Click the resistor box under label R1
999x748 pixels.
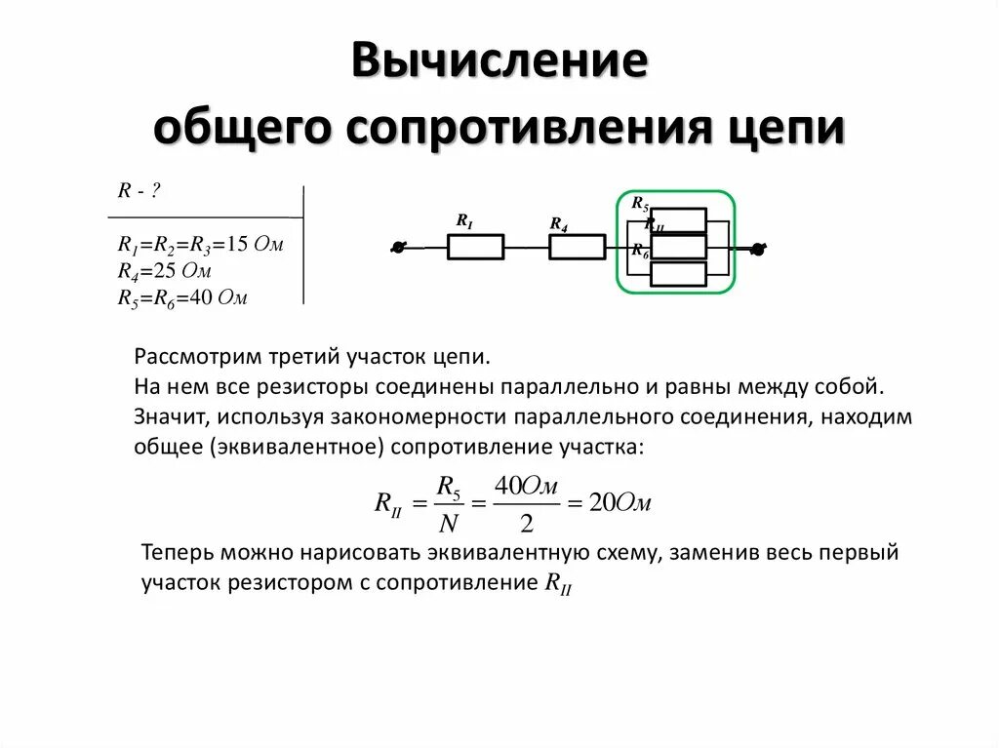[x=475, y=247]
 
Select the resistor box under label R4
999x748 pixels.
[x=577, y=247]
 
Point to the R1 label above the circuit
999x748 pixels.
[x=464, y=220]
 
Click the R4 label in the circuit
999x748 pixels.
[x=558, y=224]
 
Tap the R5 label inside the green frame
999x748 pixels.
[x=639, y=204]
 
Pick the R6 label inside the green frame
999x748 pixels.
[x=639, y=252]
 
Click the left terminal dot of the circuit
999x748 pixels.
[x=397, y=248]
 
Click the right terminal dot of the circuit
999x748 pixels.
[x=757, y=249]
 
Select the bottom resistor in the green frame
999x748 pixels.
[x=678, y=274]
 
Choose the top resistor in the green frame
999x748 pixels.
[x=678, y=220]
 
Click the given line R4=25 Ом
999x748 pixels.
[x=165, y=270]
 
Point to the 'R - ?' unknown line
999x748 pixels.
[x=139, y=192]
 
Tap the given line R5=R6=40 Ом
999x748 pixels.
[x=182, y=297]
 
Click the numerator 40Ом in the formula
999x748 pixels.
[x=526, y=486]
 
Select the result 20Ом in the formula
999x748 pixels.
[x=620, y=503]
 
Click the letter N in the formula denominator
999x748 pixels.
[x=448, y=524]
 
